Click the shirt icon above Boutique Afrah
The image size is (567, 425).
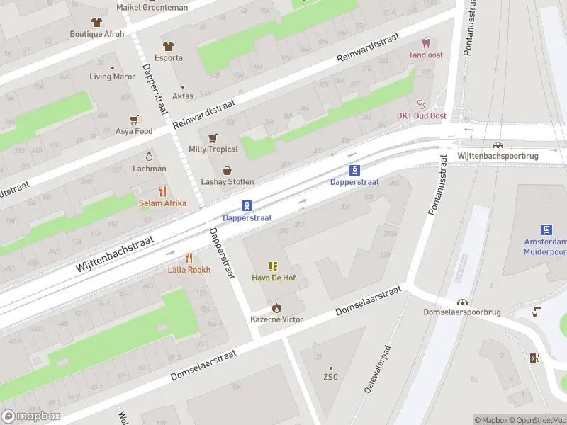coord(96,22)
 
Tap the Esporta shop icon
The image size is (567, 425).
coord(169,46)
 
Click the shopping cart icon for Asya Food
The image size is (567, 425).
coord(133,120)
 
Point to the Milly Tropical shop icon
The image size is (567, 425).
coord(213,137)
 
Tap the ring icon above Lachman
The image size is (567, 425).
coord(149,157)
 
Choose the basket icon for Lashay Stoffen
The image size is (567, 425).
coord(227,170)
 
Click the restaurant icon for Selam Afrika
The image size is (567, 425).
coord(162,191)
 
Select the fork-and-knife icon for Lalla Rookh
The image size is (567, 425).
coord(189,258)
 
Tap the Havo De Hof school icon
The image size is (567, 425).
coord(273,266)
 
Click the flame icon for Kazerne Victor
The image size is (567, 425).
coord(276,307)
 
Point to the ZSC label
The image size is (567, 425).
coord(330,377)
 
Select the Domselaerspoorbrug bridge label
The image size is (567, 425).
coord(462,312)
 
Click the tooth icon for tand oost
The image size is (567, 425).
coord(426,43)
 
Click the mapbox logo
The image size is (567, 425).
coord(31,416)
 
